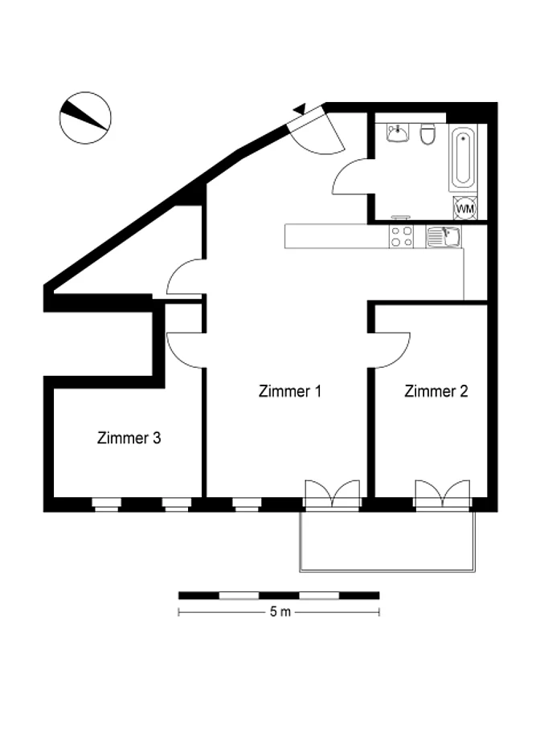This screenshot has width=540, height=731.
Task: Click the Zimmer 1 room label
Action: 290,390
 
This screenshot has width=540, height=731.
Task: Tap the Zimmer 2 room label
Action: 436,390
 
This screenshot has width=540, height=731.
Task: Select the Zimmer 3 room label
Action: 129,438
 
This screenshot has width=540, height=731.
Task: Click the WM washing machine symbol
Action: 465,208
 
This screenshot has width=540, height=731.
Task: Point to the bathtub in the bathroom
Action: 463,157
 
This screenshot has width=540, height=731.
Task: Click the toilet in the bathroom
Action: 427,134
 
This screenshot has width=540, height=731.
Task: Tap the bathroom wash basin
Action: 397,133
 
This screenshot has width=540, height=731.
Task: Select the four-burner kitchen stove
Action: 401,236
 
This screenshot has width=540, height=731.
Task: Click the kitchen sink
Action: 443,236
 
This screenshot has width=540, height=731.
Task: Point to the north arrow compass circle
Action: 85,117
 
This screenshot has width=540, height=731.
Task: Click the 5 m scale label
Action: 280,611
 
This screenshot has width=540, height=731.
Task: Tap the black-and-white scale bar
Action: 279,595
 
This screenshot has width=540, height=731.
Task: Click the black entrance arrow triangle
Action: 300,108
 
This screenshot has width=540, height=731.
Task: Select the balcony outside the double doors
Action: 387,541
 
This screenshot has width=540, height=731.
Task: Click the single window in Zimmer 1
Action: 247,504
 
